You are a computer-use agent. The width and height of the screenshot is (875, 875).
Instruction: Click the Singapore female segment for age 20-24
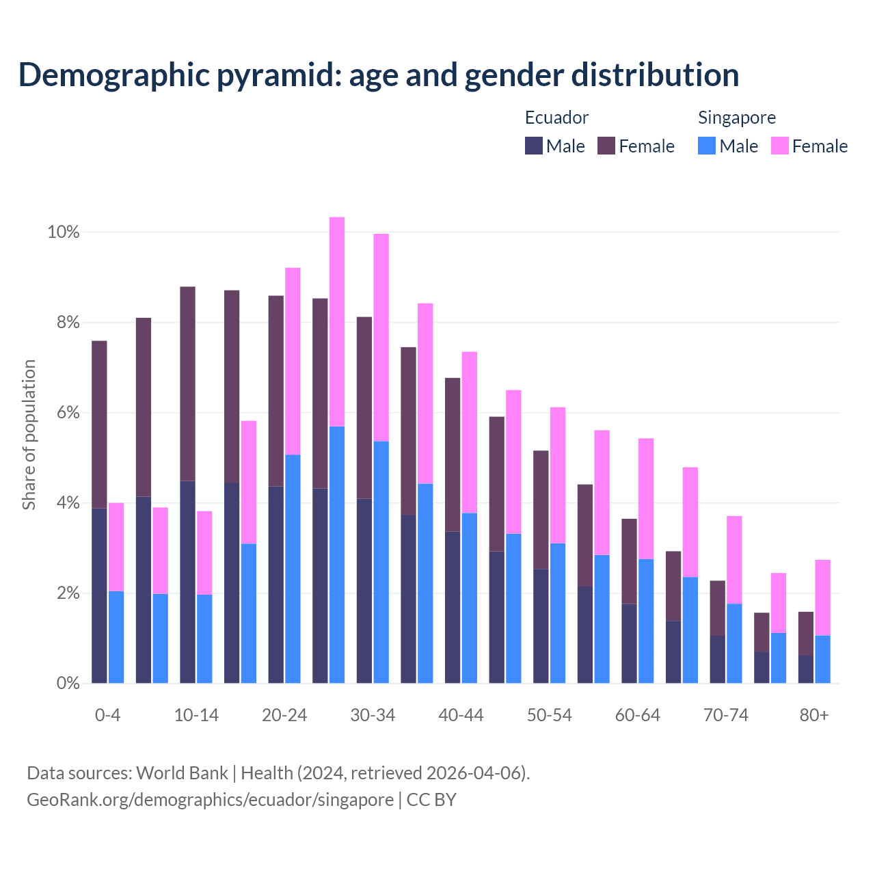[293, 361]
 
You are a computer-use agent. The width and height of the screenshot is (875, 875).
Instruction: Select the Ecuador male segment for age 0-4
[99, 595]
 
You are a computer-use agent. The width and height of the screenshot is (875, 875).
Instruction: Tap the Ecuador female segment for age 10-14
[187, 383]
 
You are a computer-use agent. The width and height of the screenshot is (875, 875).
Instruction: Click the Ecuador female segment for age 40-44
[453, 455]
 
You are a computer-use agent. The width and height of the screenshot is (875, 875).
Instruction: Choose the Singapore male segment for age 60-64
[646, 621]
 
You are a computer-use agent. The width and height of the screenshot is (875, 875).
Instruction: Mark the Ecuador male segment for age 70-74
[717, 659]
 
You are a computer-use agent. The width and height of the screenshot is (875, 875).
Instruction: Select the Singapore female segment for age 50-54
[558, 475]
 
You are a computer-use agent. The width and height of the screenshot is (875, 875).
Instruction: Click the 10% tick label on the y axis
[63, 232]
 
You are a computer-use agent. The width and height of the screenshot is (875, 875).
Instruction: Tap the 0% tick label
[68, 683]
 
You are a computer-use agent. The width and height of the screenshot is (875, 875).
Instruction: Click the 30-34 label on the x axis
[373, 715]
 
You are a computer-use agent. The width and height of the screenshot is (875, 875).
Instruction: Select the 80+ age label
[814, 715]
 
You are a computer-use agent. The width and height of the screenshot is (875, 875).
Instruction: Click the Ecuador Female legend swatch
[606, 146]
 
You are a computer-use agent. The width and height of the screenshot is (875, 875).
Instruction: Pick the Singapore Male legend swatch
[707, 146]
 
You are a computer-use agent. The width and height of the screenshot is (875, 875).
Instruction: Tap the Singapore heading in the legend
[736, 118]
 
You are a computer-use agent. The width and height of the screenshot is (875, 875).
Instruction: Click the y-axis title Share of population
[29, 435]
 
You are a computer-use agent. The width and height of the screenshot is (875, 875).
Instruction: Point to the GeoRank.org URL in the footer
[210, 799]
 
